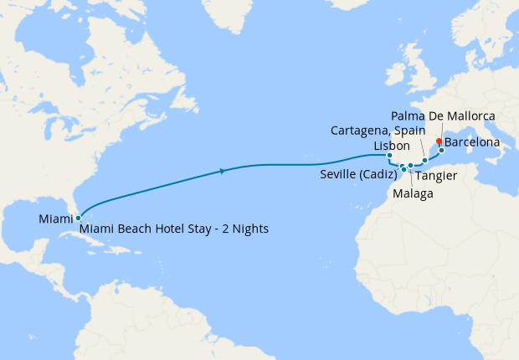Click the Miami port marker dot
pyautogui.click(x=78, y=219)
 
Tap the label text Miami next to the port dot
pyautogui.click(x=54, y=219)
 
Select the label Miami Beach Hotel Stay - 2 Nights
pyautogui.click(x=174, y=228)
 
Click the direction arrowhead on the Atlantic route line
pyautogui.click(x=221, y=171)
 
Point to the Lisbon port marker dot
pyautogui.click(x=390, y=155)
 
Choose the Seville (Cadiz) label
pyautogui.click(x=358, y=175)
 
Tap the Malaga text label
pyautogui.click(x=413, y=193)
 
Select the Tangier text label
pyautogui.click(x=436, y=177)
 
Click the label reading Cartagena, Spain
pyautogui.click(x=378, y=131)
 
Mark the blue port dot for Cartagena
pyautogui.click(x=425, y=160)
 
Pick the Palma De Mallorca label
pyautogui.click(x=444, y=115)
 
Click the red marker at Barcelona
pyautogui.click(x=439, y=141)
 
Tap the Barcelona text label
pyautogui.click(x=473, y=143)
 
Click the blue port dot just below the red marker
pyautogui.click(x=441, y=151)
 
